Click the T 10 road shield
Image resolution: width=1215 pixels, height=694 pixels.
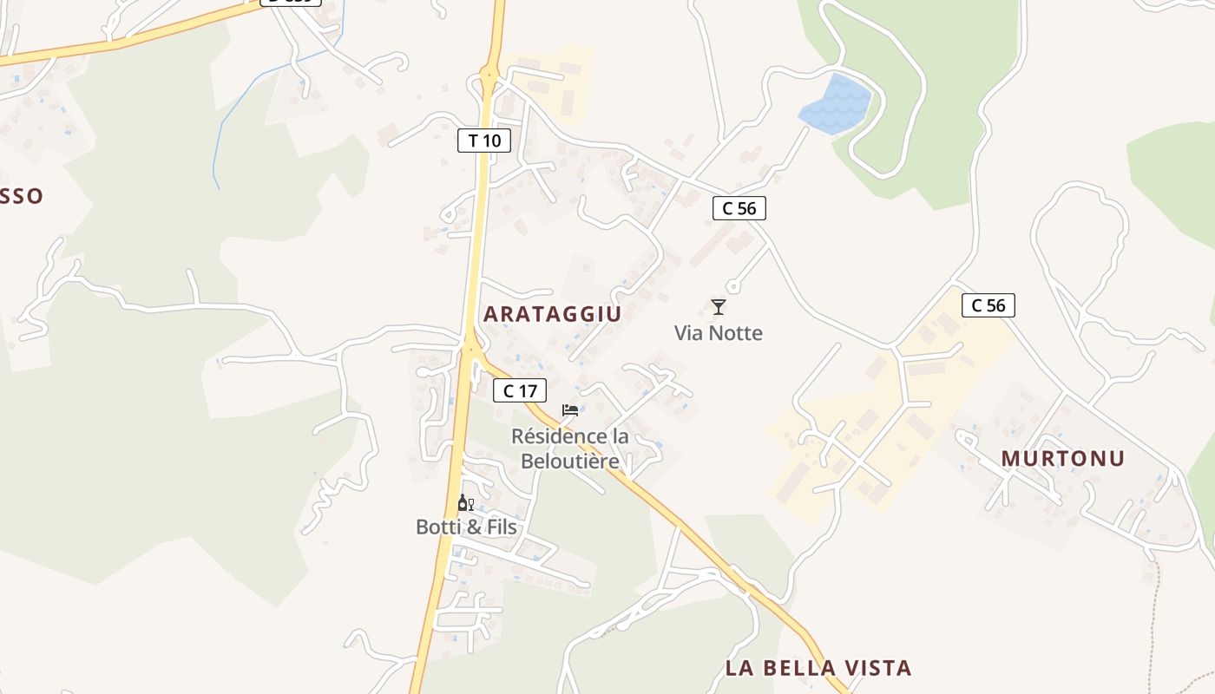pyautogui.click(x=484, y=141)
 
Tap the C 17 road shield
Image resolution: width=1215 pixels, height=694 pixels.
pyautogui.click(x=520, y=391)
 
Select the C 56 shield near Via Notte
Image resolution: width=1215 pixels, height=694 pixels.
pyautogui.click(x=739, y=208)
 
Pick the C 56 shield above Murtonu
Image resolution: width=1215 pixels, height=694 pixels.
pyautogui.click(x=988, y=305)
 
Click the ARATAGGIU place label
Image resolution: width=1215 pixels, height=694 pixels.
pyautogui.click(x=552, y=314)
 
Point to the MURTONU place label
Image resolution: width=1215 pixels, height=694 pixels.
pyautogui.click(x=1062, y=458)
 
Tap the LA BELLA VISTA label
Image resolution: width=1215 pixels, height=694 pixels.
pyautogui.click(x=818, y=668)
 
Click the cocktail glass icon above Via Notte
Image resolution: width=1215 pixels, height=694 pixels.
pyautogui.click(x=718, y=306)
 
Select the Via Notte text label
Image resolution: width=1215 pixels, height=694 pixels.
pyautogui.click(x=718, y=333)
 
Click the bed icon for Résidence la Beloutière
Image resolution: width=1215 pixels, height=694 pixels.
pyautogui.click(x=570, y=410)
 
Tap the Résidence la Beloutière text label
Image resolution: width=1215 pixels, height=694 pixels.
pyautogui.click(x=570, y=448)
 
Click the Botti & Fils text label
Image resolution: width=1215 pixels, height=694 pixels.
pyautogui.click(x=466, y=527)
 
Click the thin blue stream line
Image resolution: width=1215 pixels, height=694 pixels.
pyautogui.click(x=227, y=113)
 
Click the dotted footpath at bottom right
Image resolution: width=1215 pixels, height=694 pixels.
pyautogui.click(x=1159, y=607)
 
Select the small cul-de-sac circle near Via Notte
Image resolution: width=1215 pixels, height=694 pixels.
pyautogui.click(x=732, y=286)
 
